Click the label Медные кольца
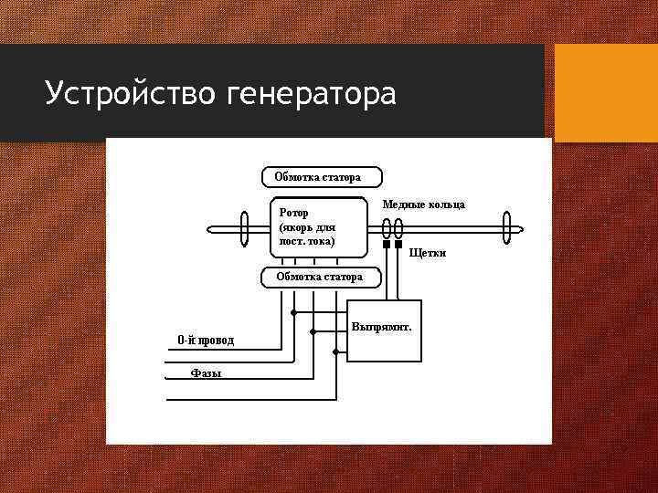pyautogui.click(x=423, y=205)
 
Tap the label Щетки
pyautogui.click(x=428, y=252)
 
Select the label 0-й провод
pyautogui.click(x=206, y=341)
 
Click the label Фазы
pyautogui.click(x=206, y=372)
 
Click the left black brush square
pyautogui.click(x=386, y=245)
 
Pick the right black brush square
pyautogui.click(x=398, y=245)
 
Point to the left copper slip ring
pyautogui.click(x=386, y=227)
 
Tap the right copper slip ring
pyautogui.click(x=399, y=227)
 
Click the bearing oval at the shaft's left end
pyautogui.click(x=245, y=228)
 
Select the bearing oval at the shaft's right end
pyautogui.click(x=506, y=228)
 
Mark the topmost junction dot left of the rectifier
pyautogui.click(x=293, y=313)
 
